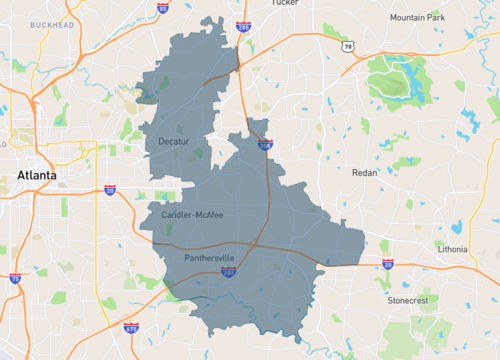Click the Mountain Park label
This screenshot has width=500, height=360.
click(x=417, y=17)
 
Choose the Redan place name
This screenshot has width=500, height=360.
click(x=365, y=172)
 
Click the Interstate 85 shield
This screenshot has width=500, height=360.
click(x=162, y=8)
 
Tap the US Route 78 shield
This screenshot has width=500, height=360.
click(x=346, y=46)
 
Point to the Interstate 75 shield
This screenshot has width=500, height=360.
click(x=15, y=278)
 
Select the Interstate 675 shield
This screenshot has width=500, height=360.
click(x=130, y=326)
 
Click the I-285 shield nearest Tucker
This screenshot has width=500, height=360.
click(x=243, y=27)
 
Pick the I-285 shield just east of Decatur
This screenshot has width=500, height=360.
click(x=265, y=145)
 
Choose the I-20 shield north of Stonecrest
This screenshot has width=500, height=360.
click(x=387, y=264)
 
